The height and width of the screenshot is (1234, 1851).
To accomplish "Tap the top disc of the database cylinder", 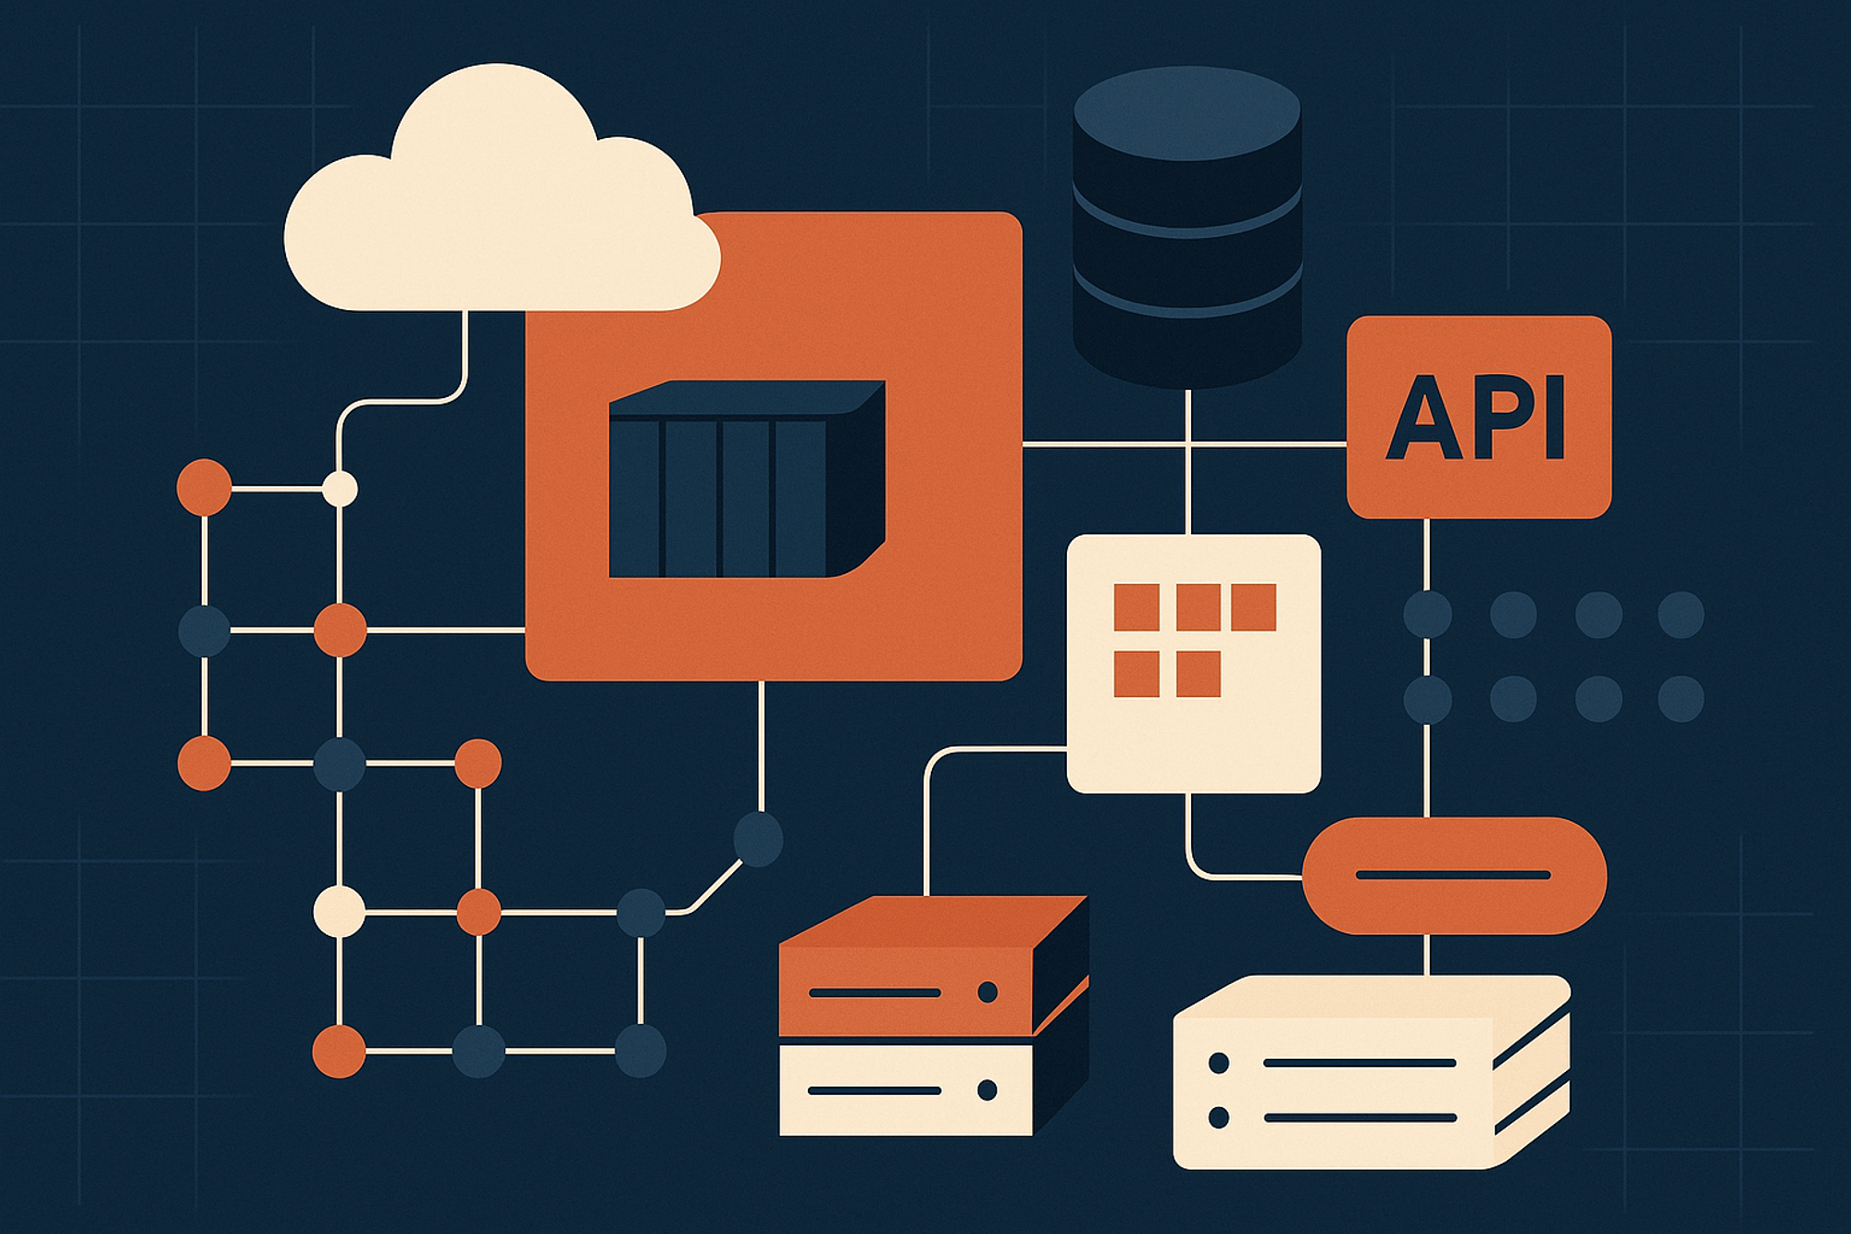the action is tap(1187, 113).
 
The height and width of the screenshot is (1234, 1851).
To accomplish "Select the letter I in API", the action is tap(1555, 418).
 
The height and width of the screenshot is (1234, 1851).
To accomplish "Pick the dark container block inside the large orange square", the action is tap(746, 479).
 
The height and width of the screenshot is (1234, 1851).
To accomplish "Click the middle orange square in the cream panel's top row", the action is tap(1199, 607).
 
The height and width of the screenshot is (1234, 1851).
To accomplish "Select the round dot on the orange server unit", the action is tap(988, 992).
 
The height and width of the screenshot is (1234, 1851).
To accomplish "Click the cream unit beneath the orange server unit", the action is tap(906, 1091).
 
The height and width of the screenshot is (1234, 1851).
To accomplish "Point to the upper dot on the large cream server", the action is tap(1219, 1064).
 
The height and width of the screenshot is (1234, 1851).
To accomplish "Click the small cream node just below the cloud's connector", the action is tap(340, 489).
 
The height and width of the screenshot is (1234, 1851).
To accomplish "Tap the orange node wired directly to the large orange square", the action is tap(340, 630).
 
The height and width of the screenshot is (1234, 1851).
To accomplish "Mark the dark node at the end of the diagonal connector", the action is tap(758, 839).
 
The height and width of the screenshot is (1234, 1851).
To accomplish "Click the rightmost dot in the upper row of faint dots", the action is tap(1681, 615).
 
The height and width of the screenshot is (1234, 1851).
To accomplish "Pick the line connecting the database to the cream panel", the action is tap(1187, 462).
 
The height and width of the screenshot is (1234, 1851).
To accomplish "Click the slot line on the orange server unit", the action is tap(875, 993).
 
